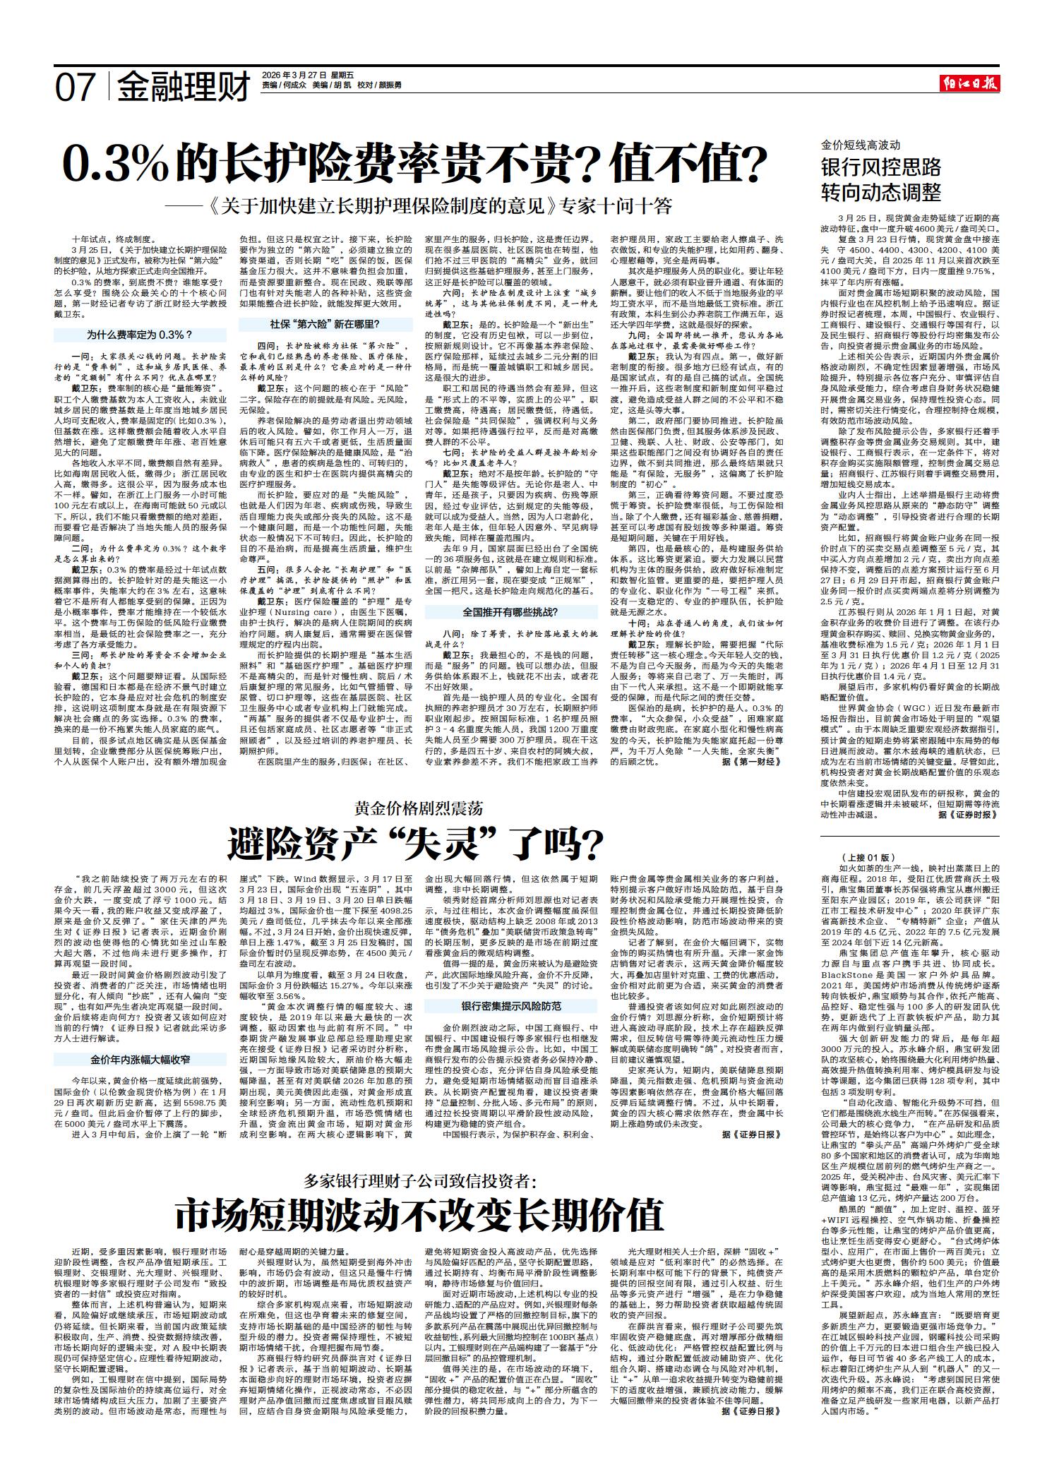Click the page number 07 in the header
click(x=76, y=88)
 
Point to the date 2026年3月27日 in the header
click(x=294, y=74)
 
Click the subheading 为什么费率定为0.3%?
click(x=140, y=335)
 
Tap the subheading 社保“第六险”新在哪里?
click(x=325, y=324)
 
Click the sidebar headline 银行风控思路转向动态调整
click(x=880, y=179)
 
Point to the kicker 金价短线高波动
click(x=861, y=145)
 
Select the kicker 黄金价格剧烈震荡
click(x=419, y=808)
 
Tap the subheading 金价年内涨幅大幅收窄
click(x=140, y=1059)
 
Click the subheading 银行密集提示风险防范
click(x=511, y=1005)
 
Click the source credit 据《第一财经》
click(x=751, y=762)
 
